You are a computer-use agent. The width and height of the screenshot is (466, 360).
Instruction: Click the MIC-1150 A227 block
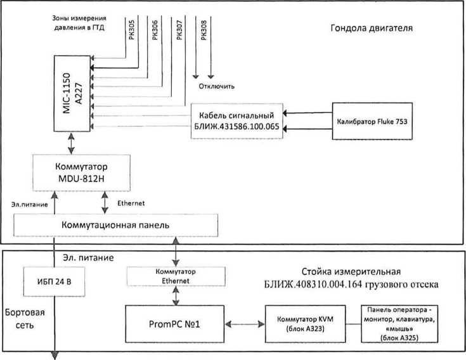(72, 93)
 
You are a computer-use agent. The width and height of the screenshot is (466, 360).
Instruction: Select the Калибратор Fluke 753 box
(372, 121)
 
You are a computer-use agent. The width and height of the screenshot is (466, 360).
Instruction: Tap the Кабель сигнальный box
(236, 121)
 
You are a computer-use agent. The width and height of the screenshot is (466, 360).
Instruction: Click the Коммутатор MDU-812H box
(81, 172)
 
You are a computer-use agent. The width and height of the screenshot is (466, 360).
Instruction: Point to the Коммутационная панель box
(115, 225)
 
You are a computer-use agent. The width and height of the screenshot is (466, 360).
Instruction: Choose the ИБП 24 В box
(54, 281)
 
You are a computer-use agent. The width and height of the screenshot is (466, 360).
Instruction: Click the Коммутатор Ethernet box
(176, 276)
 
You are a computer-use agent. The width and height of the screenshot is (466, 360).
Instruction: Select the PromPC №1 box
(174, 324)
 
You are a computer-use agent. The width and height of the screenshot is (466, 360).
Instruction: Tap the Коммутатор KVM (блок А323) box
(305, 324)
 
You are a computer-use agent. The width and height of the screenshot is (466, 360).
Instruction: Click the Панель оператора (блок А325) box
(399, 324)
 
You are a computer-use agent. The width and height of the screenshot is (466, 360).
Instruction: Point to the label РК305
(132, 30)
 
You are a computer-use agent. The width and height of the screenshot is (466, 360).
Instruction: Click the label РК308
(204, 30)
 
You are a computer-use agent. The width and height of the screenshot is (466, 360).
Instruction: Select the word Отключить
(217, 86)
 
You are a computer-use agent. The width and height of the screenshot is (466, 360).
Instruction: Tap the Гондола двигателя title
(372, 29)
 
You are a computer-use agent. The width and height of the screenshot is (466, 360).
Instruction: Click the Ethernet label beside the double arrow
(131, 203)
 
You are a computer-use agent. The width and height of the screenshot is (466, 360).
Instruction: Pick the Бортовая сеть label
(25, 319)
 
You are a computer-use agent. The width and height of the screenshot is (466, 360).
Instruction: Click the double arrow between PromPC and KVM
(245, 324)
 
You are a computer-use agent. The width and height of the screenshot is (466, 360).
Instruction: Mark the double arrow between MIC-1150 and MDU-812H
(71, 143)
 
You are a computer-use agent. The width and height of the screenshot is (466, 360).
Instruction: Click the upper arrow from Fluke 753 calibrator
(307, 113)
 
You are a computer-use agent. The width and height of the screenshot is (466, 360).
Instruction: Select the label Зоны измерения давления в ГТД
(79, 23)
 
